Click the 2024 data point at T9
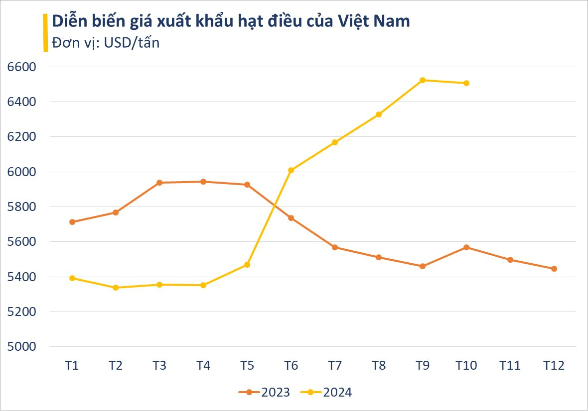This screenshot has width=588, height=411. pos(423,80)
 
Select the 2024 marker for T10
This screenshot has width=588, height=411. pos(466,83)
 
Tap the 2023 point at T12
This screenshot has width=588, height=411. pos(554,269)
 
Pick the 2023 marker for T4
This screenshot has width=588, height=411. pos(203,182)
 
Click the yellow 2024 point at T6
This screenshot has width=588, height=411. pos(291,170)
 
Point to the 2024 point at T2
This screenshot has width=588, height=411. pos(116,288)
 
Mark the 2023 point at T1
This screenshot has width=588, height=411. pos(72,222)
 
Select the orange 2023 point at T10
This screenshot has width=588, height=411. pos(466,247)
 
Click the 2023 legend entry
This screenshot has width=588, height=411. pos(265,392)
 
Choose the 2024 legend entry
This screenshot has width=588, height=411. pos(327,392)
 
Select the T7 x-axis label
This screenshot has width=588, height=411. pos(335,366)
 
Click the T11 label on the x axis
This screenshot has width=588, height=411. pos(510,366)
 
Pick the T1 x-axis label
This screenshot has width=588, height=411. pos(72,366)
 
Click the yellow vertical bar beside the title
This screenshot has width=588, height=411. pos(46,32)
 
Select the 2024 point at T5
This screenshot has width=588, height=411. pos(247,265)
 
